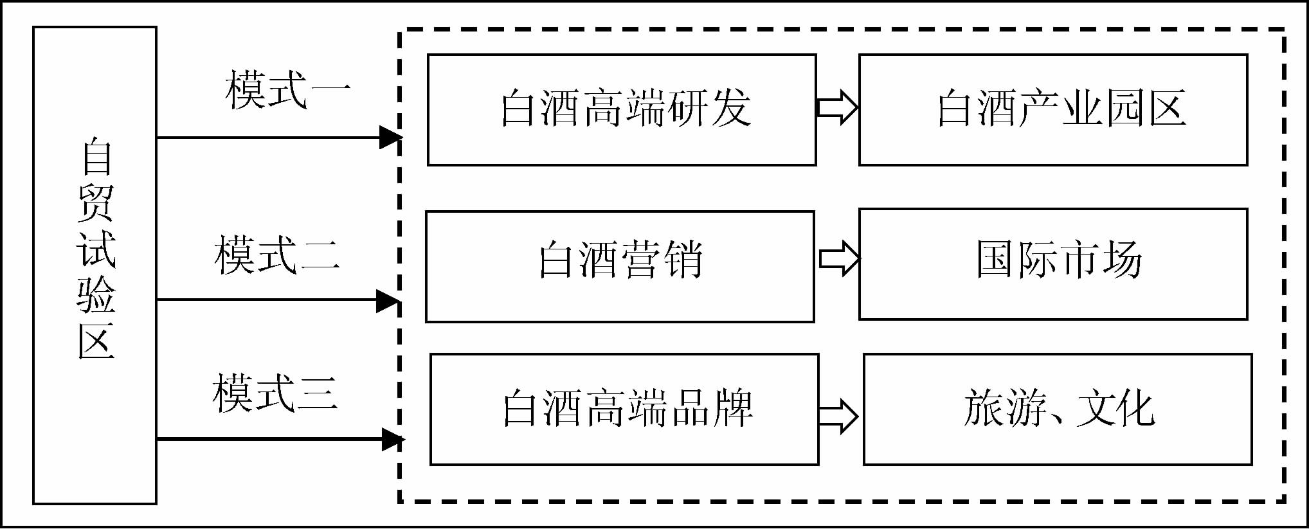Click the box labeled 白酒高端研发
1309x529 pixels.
pyautogui.click(x=622, y=109)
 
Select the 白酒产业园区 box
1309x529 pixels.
pyautogui.click(x=1053, y=109)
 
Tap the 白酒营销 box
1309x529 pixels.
pyautogui.click(x=620, y=266)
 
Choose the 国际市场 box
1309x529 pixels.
pyautogui.click(x=1053, y=264)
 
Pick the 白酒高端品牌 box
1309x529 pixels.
pyautogui.click(x=624, y=409)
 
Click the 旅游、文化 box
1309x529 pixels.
pyautogui.click(x=1058, y=409)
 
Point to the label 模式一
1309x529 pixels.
pyautogui.click(x=287, y=91)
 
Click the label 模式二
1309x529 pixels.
pyautogui.click(x=277, y=255)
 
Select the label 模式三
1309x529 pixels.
pyautogui.click(x=275, y=393)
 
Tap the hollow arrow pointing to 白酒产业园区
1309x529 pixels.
pyautogui.click(x=838, y=107)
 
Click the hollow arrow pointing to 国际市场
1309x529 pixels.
pyautogui.click(x=839, y=259)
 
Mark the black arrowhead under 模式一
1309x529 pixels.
pyautogui.click(x=390, y=137)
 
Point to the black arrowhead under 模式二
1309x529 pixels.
pyautogui.click(x=388, y=300)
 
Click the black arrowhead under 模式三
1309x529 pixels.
pyautogui.click(x=392, y=440)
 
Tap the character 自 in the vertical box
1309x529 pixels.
pyautogui.click(x=96, y=156)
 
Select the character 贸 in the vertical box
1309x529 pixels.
pyautogui.click(x=96, y=202)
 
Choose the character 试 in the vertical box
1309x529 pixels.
pyautogui.click(x=96, y=249)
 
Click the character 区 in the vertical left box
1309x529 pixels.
pyautogui.click(x=96, y=341)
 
